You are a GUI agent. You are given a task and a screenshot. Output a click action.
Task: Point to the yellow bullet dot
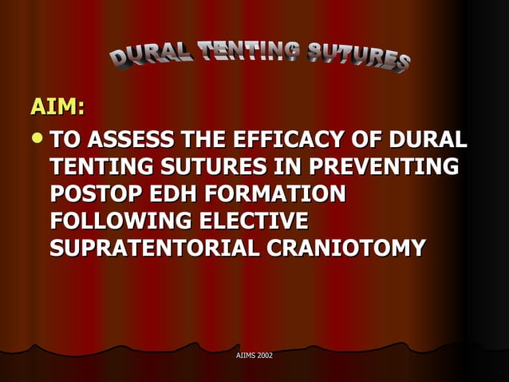(37, 140)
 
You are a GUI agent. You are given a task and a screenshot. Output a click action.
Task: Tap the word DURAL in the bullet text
(428, 140)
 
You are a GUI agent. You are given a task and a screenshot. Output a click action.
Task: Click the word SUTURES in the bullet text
(207, 167)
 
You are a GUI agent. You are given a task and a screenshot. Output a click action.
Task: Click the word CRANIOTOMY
(346, 249)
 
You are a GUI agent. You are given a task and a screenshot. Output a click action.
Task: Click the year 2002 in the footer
(266, 354)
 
